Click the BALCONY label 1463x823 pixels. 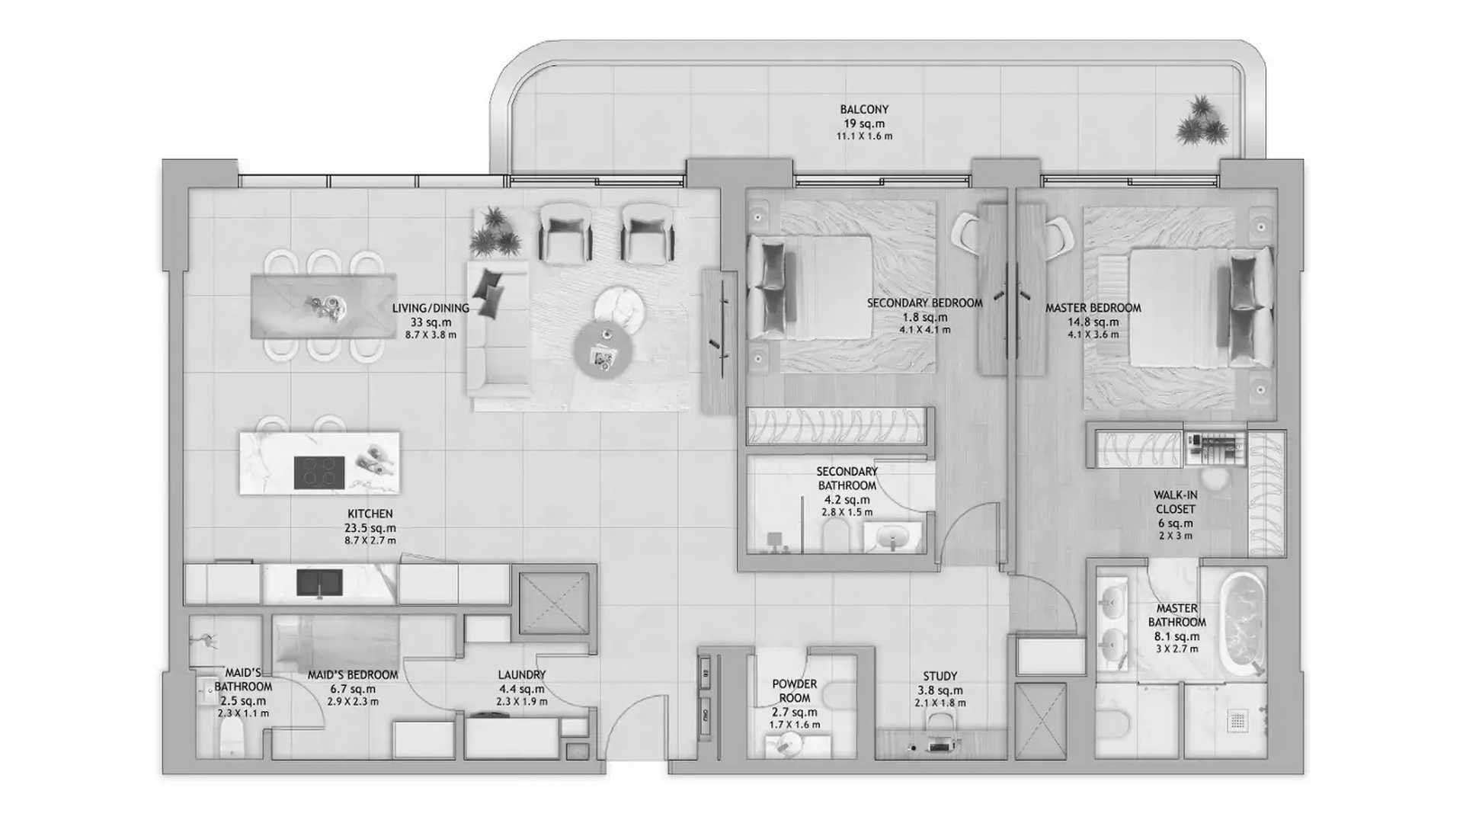(864, 110)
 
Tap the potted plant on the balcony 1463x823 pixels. (1202, 120)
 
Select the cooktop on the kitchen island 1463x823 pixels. (319, 472)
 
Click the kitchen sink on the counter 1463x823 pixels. (319, 584)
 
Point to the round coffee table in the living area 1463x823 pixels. (603, 350)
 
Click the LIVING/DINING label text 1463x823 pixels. (431, 309)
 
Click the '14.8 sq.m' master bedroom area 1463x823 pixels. (1093, 322)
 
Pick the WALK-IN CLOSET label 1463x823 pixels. (1175, 502)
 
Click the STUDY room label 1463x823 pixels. (940, 676)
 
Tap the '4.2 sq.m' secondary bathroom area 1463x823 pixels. (847, 500)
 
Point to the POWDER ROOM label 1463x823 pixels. (794, 691)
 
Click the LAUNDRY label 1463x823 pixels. (521, 674)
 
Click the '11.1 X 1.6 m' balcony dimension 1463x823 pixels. (864, 136)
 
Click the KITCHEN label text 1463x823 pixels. (370, 514)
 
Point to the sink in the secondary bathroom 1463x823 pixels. (892, 538)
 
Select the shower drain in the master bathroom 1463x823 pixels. (1237, 720)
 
